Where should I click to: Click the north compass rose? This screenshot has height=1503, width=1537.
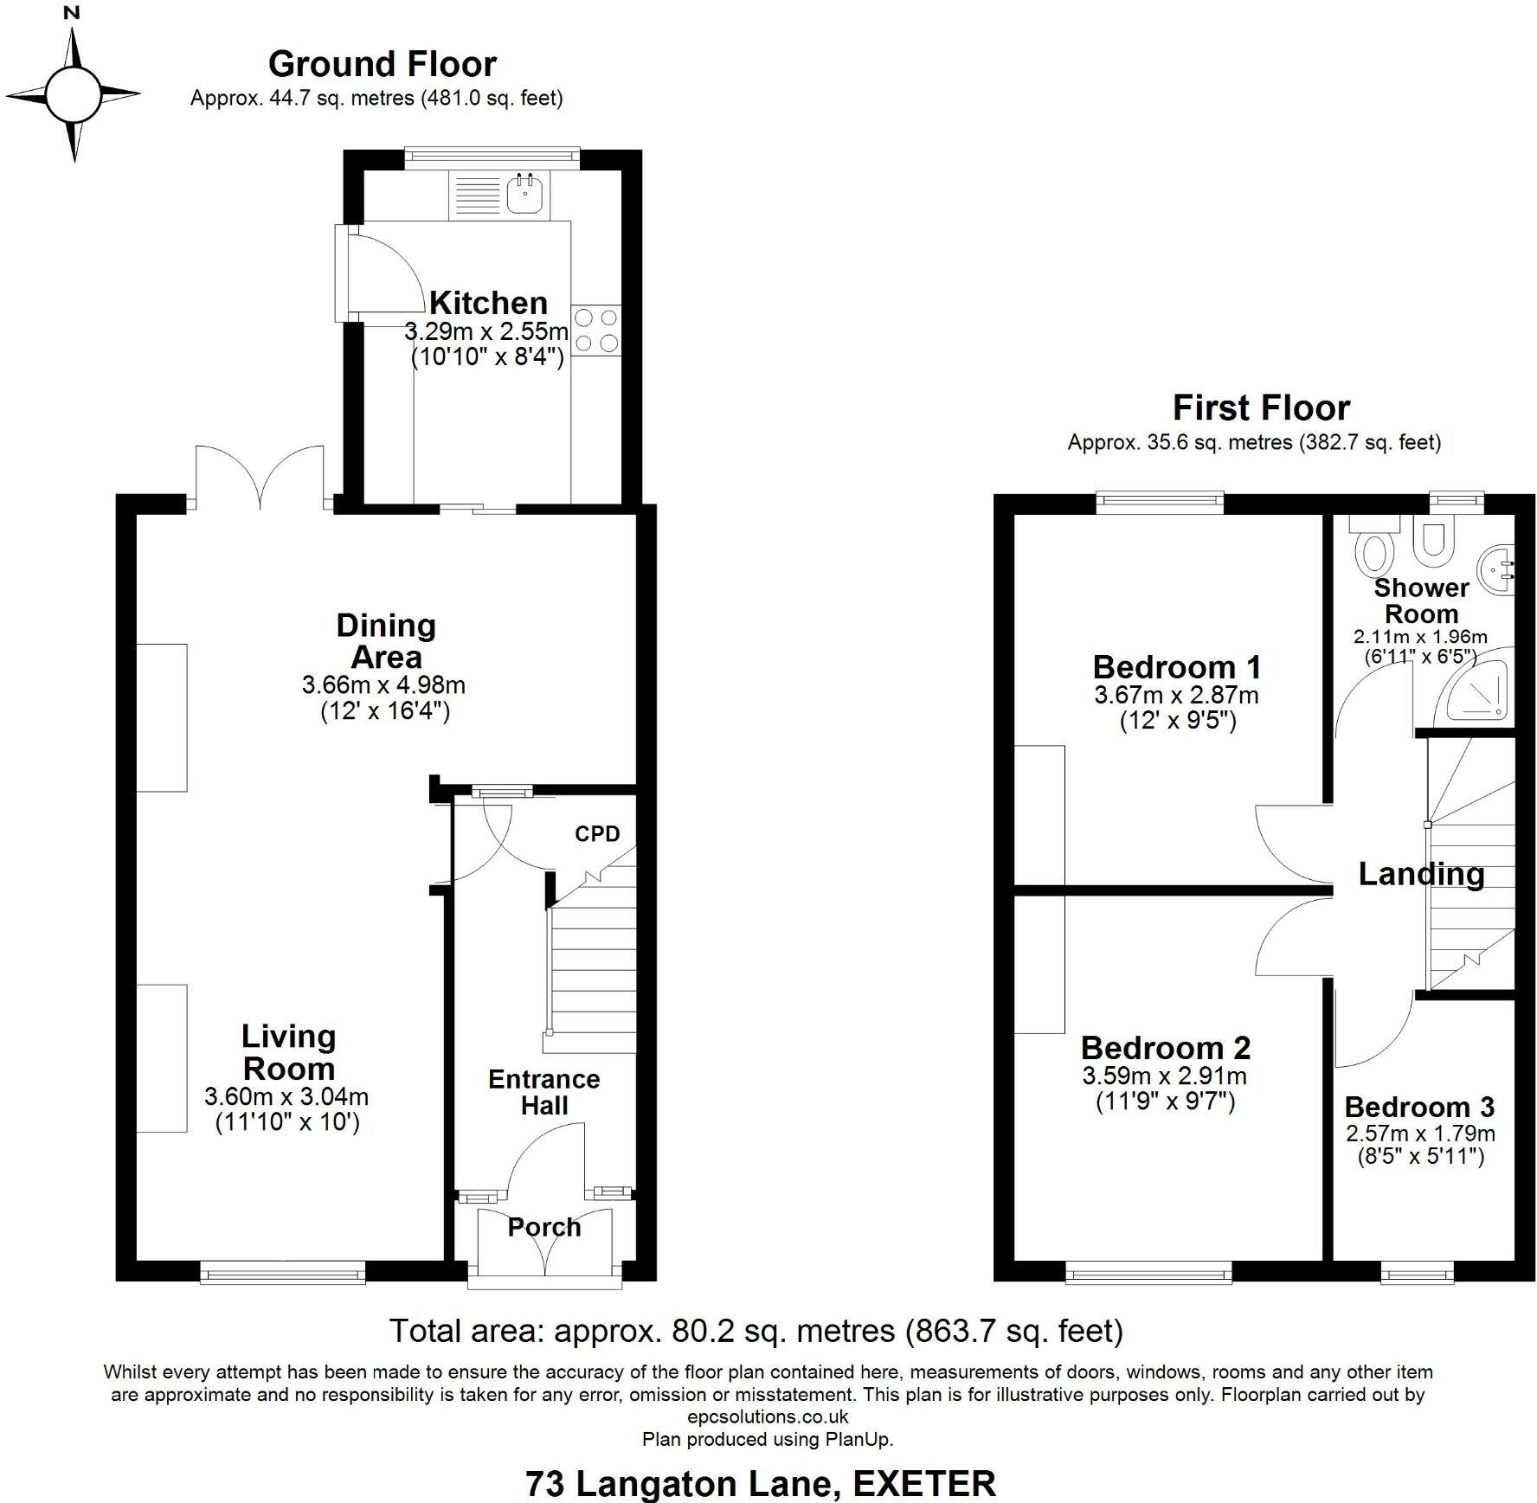pos(74,93)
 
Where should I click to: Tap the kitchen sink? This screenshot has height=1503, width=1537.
pos(523,195)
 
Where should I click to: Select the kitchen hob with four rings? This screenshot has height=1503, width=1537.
pos(596,330)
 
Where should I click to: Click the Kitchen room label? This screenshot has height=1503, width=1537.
pos(488,303)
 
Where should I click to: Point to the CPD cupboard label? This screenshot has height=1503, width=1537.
pos(597,833)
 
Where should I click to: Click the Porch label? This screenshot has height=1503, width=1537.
pos(543,1227)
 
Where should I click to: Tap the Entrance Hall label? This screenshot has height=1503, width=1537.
pos(543,1092)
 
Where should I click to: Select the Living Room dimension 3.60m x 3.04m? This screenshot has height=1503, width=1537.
pos(286,1097)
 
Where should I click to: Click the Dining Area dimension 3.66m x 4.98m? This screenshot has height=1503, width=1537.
pos(383,685)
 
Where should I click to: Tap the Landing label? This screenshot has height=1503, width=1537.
pos(1421,874)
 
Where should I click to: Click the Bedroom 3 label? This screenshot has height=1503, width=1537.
pos(1419,1107)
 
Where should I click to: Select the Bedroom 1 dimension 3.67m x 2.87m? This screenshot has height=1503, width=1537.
pos(1176,695)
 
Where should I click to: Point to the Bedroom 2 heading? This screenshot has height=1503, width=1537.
pos(1165,1048)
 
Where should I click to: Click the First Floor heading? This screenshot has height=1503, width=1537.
pos(1261,408)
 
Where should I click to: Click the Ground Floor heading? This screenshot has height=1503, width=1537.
pos(382,64)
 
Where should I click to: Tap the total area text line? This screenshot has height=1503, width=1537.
pos(756,1331)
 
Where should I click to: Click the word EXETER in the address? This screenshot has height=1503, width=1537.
pos(924,1484)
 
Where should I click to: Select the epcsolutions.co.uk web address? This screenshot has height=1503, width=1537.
pos(768,1416)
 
